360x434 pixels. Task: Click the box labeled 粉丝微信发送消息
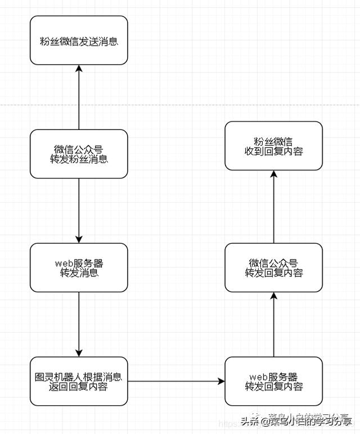click(x=79, y=40)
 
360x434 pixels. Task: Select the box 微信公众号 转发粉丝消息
click(x=79, y=154)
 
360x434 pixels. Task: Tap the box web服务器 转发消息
click(x=79, y=268)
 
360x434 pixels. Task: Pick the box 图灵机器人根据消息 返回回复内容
click(x=79, y=381)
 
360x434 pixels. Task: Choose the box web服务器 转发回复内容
click(x=274, y=381)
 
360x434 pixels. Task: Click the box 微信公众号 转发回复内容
click(x=274, y=268)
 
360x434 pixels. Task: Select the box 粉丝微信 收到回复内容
click(x=274, y=146)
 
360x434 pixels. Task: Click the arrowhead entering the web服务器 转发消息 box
click(x=79, y=239)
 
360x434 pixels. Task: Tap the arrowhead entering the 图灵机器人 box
click(x=79, y=353)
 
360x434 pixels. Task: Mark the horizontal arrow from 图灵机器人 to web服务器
click(x=174, y=382)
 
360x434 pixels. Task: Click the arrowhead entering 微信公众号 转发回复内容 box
click(x=274, y=296)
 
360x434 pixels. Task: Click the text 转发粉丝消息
click(x=79, y=159)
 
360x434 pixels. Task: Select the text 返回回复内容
click(x=79, y=387)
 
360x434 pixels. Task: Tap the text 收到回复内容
click(x=274, y=151)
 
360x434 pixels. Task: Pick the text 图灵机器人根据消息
click(x=79, y=376)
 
